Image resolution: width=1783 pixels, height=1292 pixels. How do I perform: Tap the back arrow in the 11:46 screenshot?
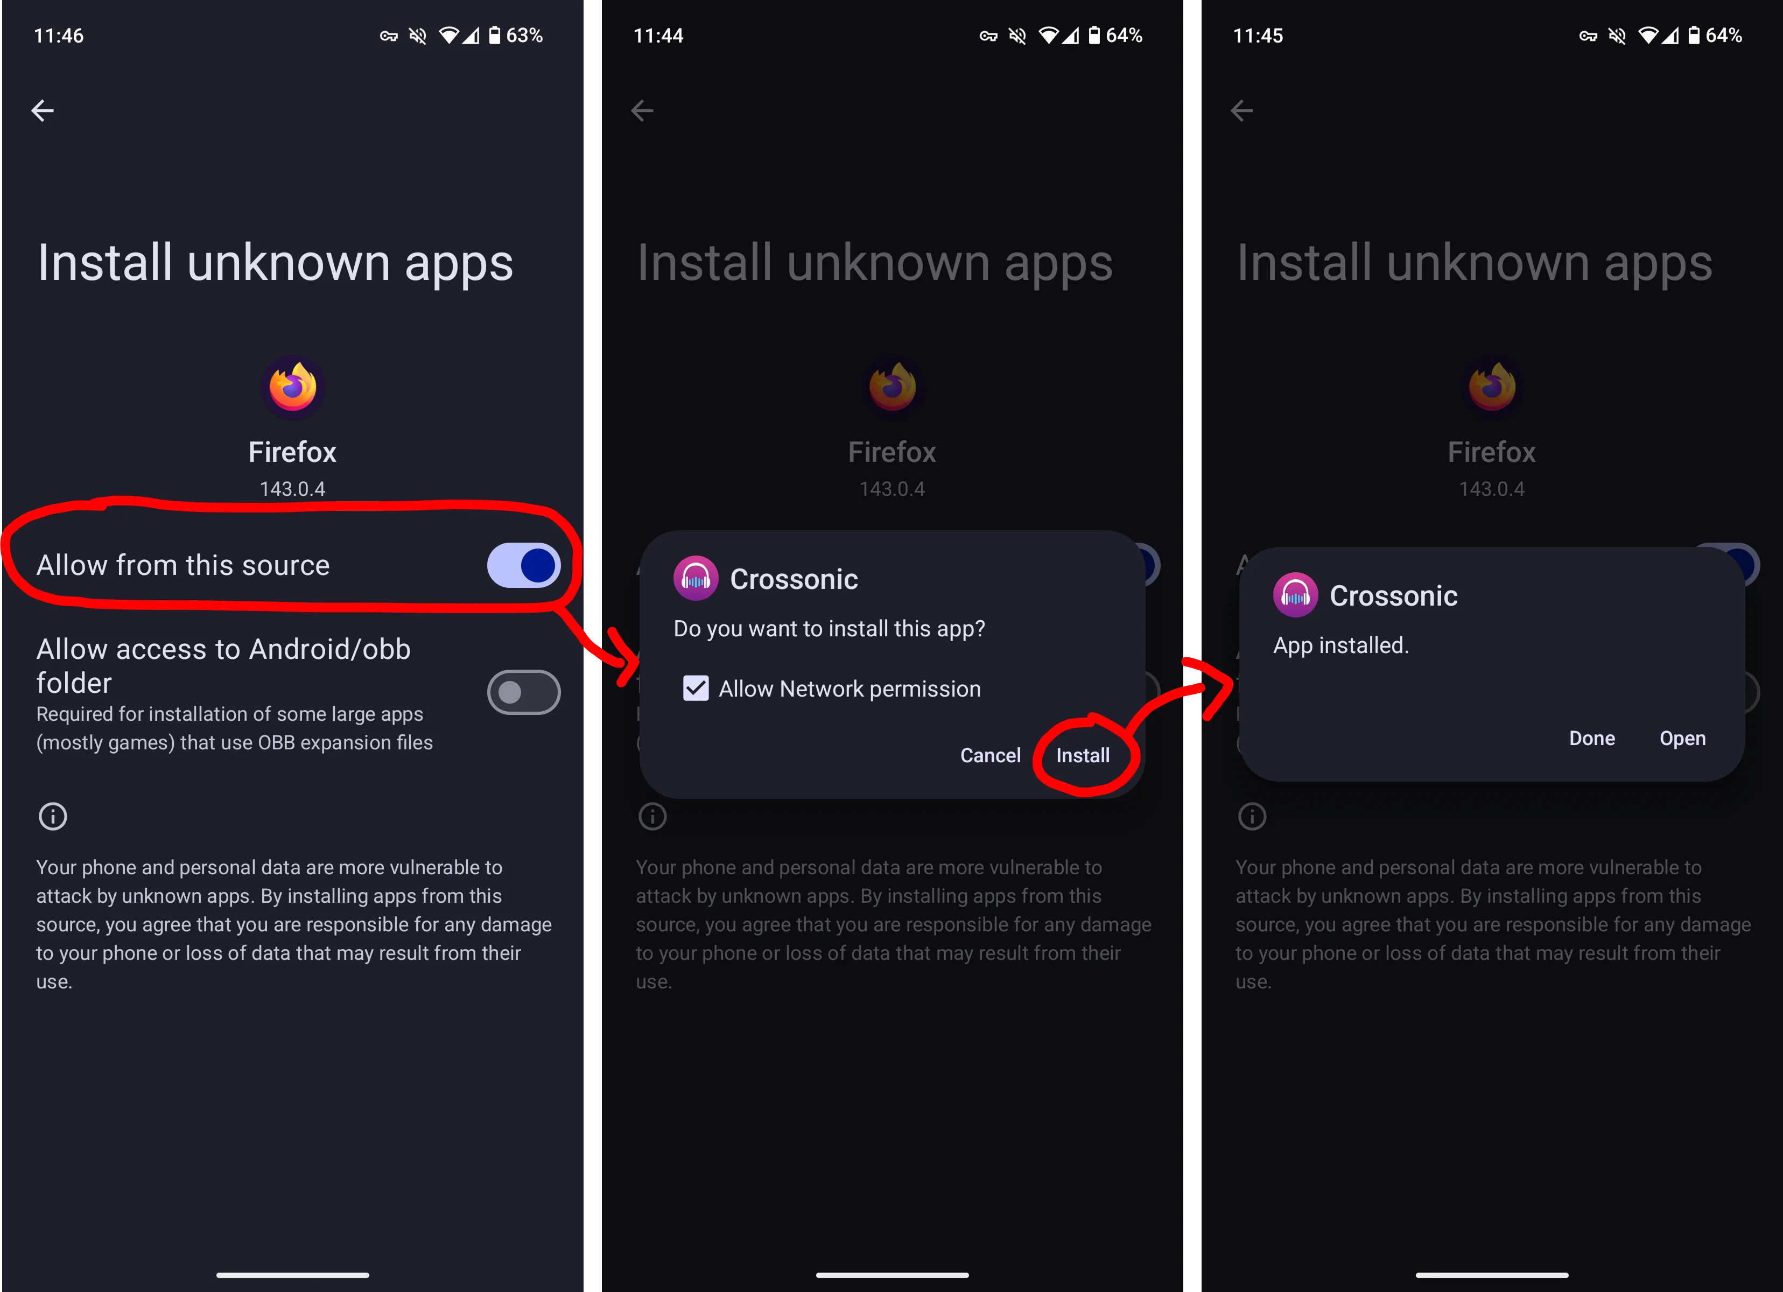click(x=43, y=110)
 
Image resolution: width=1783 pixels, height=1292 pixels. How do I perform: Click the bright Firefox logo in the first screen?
click(x=292, y=386)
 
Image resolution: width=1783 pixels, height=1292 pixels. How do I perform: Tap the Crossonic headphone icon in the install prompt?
click(x=695, y=579)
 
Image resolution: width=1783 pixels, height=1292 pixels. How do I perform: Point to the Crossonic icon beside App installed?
click(x=1295, y=595)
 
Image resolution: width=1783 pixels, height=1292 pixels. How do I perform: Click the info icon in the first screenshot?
click(x=53, y=816)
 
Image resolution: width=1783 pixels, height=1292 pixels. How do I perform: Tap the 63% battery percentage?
click(x=524, y=36)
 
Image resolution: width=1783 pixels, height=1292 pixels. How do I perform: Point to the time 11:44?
click(x=658, y=36)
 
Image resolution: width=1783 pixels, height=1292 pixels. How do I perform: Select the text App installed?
click(x=1340, y=645)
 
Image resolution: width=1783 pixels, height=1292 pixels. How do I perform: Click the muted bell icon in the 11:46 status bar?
click(x=417, y=36)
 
